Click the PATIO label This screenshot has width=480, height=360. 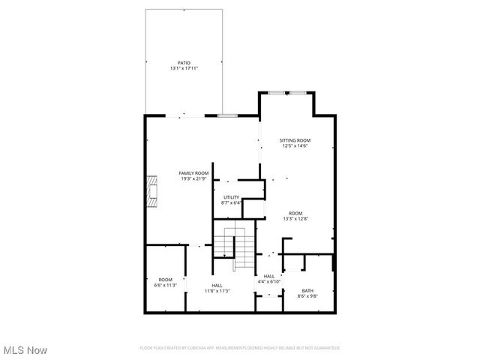[184, 63]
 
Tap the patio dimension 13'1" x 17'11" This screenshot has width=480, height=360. [184, 69]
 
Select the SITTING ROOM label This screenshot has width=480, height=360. [295, 140]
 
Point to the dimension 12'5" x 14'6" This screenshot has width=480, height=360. [295, 146]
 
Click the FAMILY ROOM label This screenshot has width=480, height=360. [193, 173]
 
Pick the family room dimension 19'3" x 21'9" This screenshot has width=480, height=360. [193, 179]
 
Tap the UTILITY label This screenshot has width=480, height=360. [231, 197]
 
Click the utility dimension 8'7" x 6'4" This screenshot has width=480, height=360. [231, 203]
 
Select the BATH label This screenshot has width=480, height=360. [308, 290]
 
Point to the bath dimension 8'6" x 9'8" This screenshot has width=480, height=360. [308, 296]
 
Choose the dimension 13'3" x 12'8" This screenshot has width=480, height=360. [295, 219]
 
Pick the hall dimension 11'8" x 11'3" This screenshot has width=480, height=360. [217, 291]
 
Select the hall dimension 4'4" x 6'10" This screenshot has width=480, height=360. [268, 282]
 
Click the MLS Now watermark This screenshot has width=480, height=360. [25, 350]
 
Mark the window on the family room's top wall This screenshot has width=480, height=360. [227, 115]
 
